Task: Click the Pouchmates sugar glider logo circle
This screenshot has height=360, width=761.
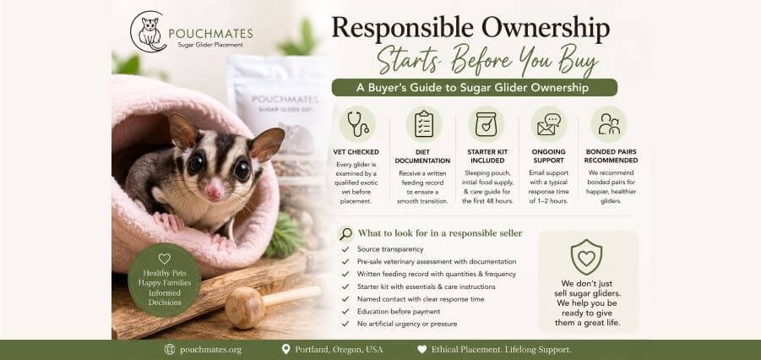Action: click(149, 31)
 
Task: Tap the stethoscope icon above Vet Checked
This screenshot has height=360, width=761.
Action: click(357, 124)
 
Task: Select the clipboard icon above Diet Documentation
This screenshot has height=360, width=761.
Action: click(424, 124)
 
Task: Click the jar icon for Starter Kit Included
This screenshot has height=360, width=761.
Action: click(486, 124)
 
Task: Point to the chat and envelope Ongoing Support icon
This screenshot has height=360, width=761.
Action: click(549, 124)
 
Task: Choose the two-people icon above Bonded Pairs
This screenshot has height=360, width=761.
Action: click(609, 124)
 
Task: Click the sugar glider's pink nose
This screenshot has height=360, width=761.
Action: click(214, 190)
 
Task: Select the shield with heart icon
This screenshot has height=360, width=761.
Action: click(586, 257)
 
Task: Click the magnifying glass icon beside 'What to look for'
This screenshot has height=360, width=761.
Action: click(345, 234)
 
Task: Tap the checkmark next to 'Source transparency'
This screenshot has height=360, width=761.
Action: click(345, 249)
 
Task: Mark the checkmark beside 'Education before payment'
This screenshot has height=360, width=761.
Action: click(345, 312)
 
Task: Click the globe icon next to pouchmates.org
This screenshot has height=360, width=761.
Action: click(170, 349)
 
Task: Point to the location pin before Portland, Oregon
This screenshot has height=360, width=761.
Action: click(285, 349)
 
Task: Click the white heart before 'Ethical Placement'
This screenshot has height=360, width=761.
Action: click(422, 349)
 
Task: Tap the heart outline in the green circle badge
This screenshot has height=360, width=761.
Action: click(165, 259)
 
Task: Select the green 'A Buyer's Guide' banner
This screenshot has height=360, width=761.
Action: click(474, 87)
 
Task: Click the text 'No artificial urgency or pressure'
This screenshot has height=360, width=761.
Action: click(407, 324)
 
